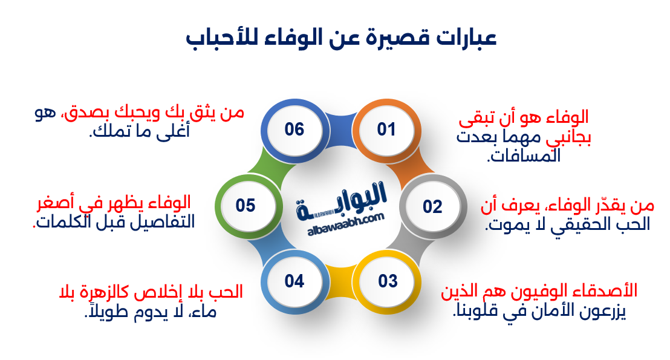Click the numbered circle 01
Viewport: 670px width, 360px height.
point(386,129)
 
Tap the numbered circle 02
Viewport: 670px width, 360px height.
point(432,207)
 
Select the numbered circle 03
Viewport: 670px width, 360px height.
point(388,281)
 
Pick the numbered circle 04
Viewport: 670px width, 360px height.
point(294,281)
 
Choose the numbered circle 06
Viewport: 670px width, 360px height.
point(294,129)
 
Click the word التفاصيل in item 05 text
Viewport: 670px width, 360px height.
point(167,221)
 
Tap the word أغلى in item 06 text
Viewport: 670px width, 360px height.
point(175,131)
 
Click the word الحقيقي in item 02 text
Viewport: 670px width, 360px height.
point(574,225)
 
